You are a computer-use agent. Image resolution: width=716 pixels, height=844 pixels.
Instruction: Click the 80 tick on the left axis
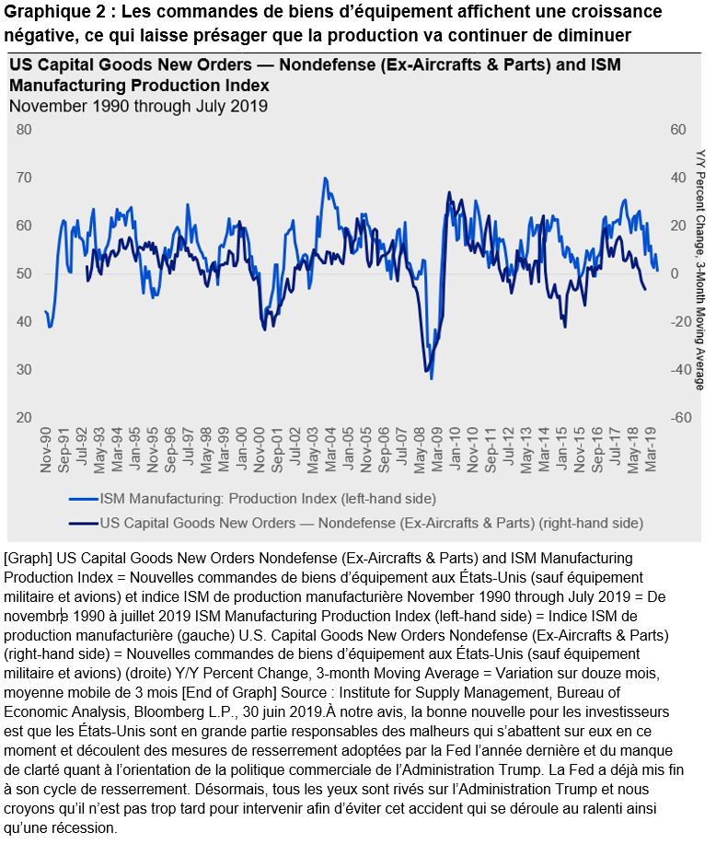click(23, 130)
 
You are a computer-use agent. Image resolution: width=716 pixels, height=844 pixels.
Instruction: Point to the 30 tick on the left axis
click(23, 369)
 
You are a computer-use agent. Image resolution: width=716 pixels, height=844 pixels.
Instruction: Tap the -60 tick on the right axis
click(679, 417)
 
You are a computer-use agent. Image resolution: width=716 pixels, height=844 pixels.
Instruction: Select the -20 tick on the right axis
click(679, 321)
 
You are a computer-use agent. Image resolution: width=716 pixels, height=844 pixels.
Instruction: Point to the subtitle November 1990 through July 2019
click(138, 105)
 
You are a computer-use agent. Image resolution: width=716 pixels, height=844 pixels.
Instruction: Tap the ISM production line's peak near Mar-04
click(325, 178)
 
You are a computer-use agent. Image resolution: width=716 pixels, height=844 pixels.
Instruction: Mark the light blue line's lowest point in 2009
click(432, 377)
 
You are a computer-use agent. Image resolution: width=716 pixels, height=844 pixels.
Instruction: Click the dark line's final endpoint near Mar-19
click(645, 290)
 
